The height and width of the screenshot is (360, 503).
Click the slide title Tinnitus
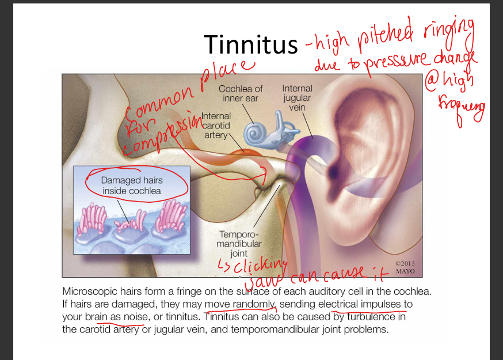point(250,44)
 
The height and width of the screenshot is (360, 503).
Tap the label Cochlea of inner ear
point(241,93)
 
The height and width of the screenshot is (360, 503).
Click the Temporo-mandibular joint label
point(239,244)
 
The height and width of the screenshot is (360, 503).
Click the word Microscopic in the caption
point(92,291)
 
